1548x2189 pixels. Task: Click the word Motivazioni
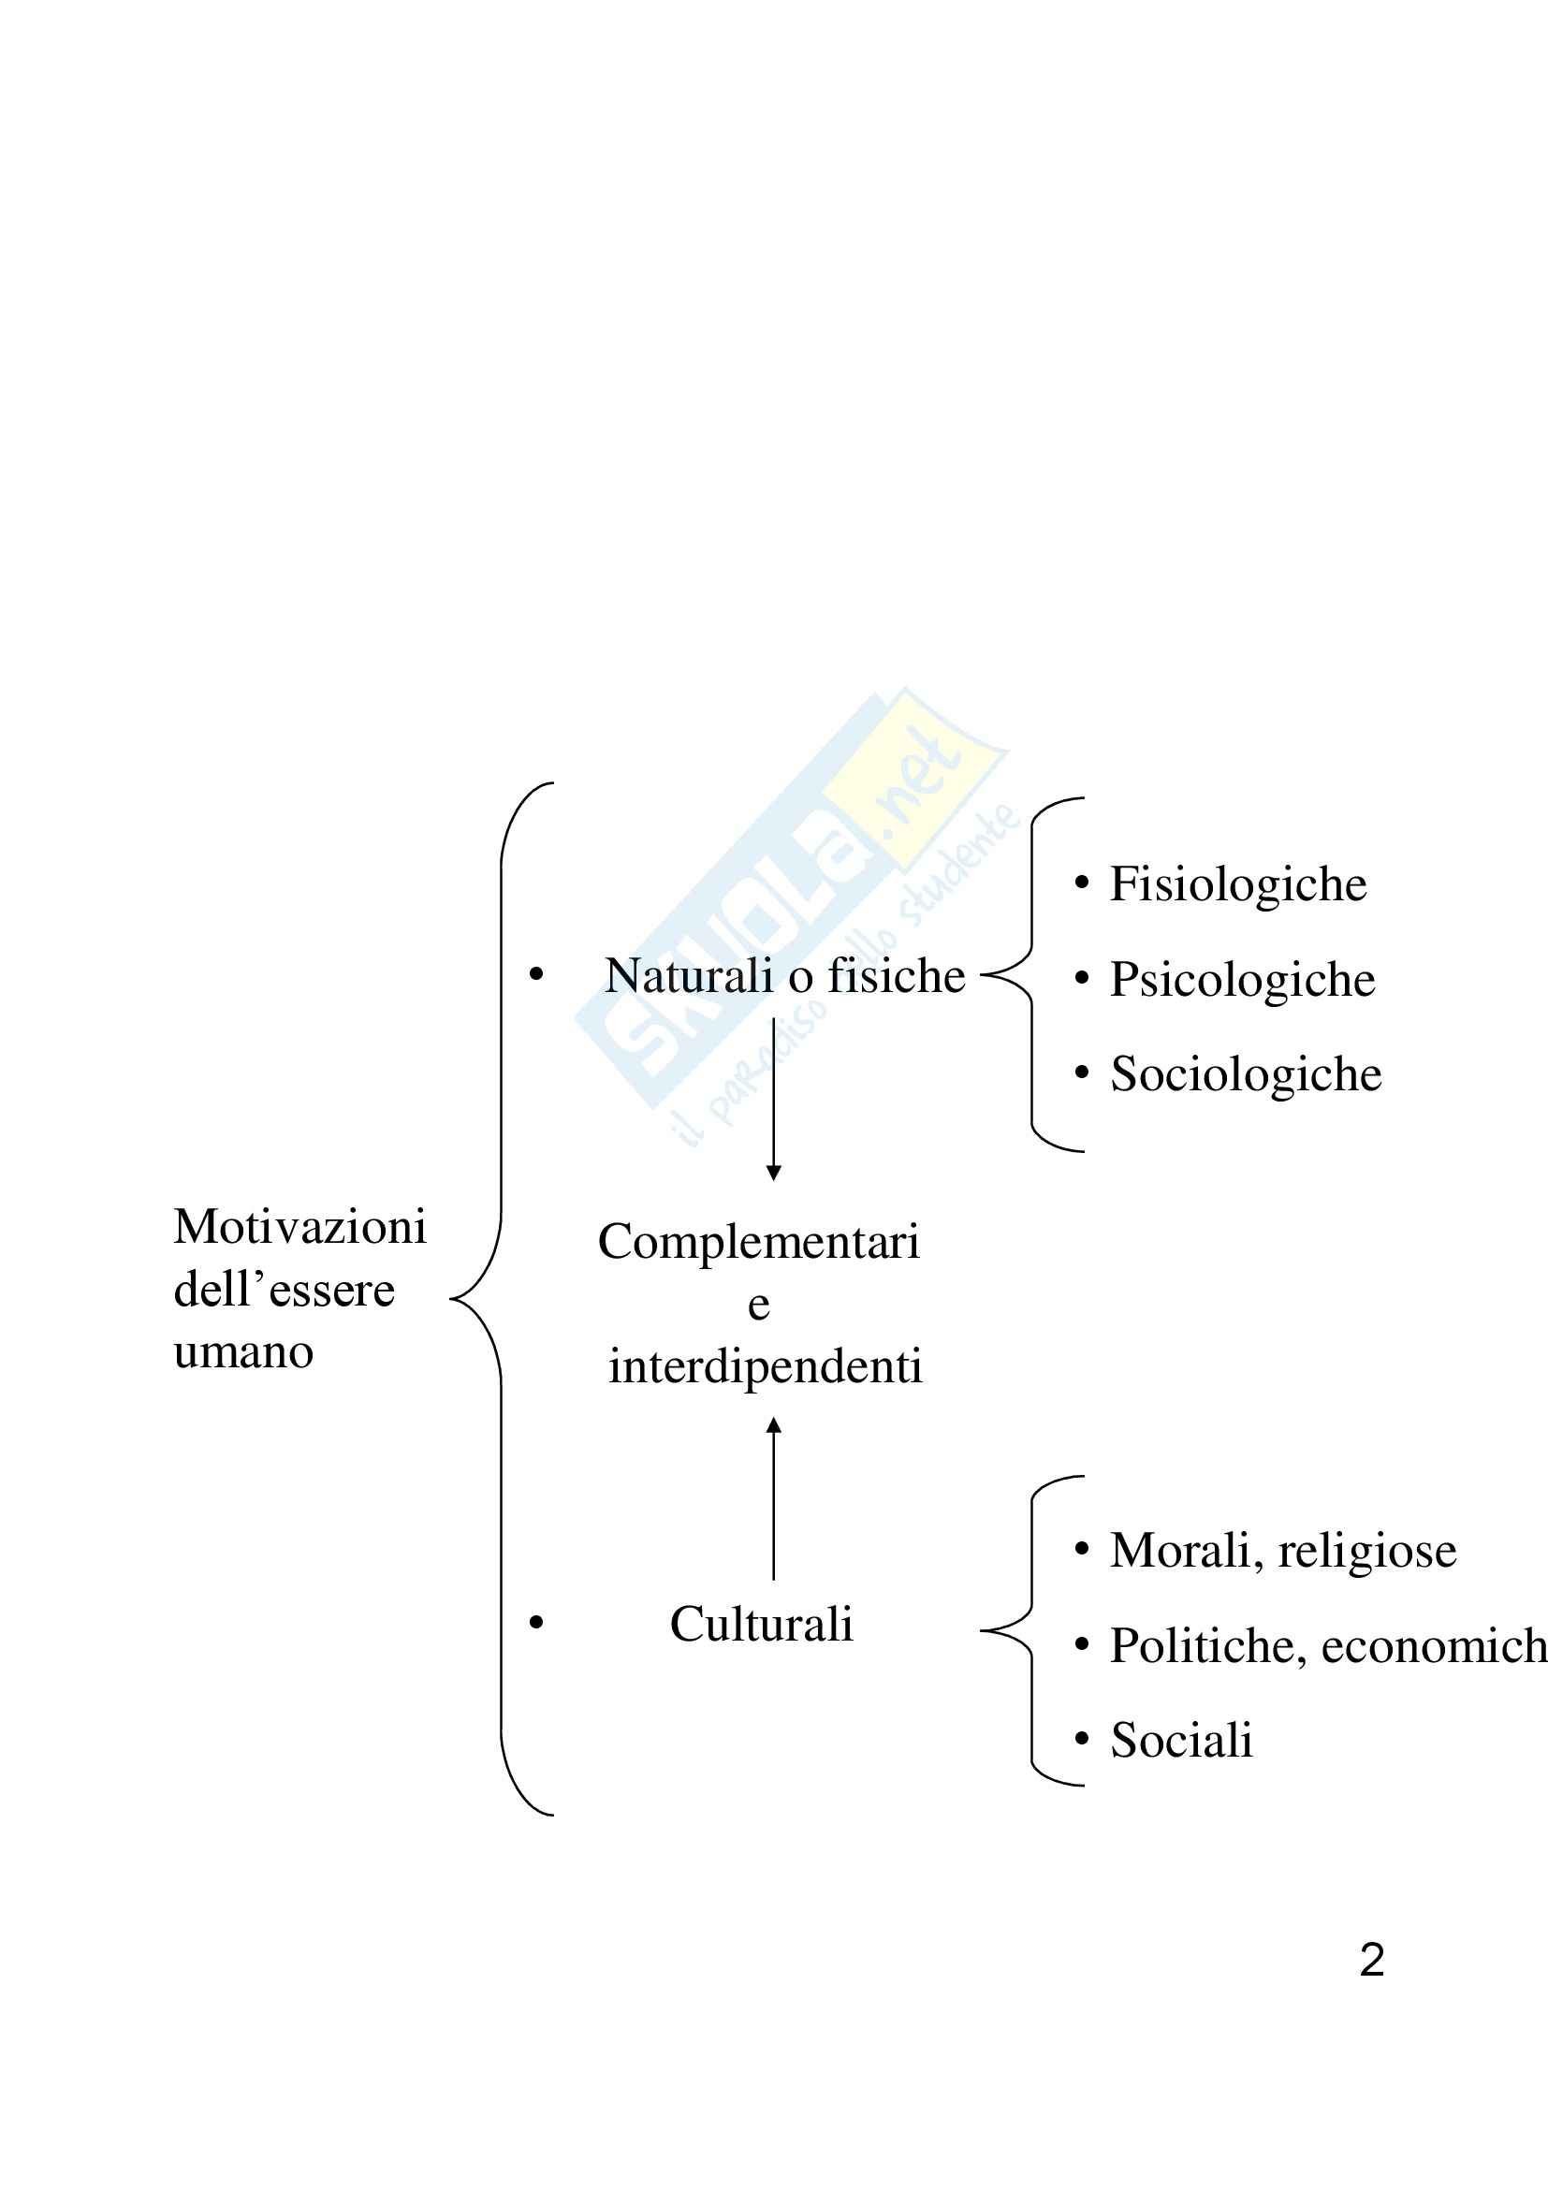pos(299,1227)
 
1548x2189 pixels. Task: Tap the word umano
pos(243,1352)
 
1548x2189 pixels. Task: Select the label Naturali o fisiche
pos(784,976)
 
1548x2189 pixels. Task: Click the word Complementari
pos(759,1242)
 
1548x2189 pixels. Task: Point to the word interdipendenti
pos(766,1366)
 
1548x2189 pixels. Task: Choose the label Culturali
pos(761,1624)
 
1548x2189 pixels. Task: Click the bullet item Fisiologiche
pos(1237,884)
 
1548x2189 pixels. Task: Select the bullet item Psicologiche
pos(1242,980)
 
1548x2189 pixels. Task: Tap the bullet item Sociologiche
pos(1245,1074)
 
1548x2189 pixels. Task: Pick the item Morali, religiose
pos(1283,1551)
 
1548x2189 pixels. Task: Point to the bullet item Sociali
pos(1181,1740)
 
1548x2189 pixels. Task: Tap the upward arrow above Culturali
pos(774,1497)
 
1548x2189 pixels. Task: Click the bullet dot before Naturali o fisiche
pos(536,974)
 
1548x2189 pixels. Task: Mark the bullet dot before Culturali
pos(536,1622)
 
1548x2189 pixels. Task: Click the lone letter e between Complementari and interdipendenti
pos(759,1306)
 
